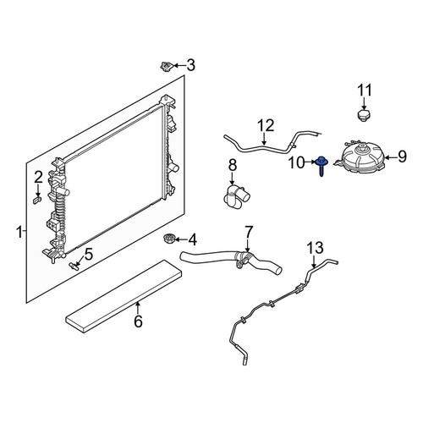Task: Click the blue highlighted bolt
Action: pyautogui.click(x=321, y=166)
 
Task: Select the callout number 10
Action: pyautogui.click(x=296, y=163)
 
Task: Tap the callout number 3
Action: pyautogui.click(x=191, y=65)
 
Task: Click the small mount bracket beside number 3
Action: pyautogui.click(x=167, y=67)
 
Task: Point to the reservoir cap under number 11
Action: pyautogui.click(x=364, y=115)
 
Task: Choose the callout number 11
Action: pyautogui.click(x=365, y=91)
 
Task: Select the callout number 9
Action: pyautogui.click(x=402, y=157)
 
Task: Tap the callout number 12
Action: pyautogui.click(x=266, y=126)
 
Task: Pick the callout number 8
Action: pyautogui.click(x=233, y=166)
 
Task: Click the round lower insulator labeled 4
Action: pyautogui.click(x=168, y=239)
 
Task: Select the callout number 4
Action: pyautogui.click(x=192, y=240)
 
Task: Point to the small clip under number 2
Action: pyautogui.click(x=37, y=201)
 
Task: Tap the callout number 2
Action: pyautogui.click(x=38, y=178)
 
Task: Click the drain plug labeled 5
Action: pyautogui.click(x=74, y=266)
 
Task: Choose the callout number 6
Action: pyautogui.click(x=138, y=321)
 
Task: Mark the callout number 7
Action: pyautogui.click(x=248, y=232)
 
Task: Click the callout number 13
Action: pyautogui.click(x=315, y=248)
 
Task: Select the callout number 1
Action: pyautogui.click(x=19, y=233)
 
